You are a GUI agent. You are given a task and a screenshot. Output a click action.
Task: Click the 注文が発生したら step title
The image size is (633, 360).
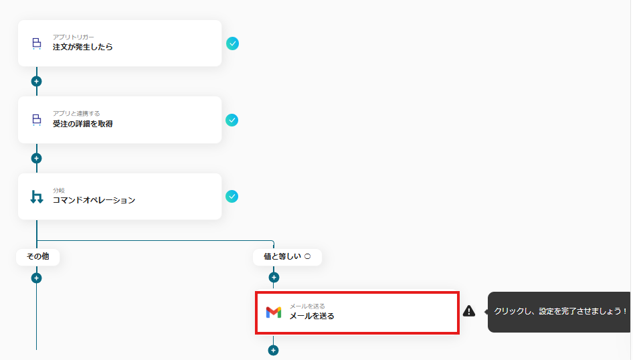click(82, 47)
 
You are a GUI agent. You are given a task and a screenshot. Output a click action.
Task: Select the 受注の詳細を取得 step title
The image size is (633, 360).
click(82, 124)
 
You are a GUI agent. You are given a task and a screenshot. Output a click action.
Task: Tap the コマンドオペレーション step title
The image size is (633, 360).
click(94, 200)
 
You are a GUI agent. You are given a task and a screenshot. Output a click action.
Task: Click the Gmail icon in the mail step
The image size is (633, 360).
click(273, 312)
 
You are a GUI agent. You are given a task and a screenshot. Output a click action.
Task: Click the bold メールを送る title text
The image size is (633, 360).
click(312, 316)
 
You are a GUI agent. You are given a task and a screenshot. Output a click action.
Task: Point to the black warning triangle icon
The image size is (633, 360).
click(468, 310)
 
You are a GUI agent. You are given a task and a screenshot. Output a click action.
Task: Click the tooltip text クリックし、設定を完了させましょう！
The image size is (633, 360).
click(560, 311)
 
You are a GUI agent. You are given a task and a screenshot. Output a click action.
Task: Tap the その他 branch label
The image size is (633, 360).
click(38, 257)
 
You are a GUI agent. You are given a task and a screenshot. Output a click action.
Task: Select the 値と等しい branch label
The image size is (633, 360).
click(282, 257)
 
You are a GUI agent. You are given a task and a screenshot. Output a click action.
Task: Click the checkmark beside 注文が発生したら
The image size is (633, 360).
click(232, 43)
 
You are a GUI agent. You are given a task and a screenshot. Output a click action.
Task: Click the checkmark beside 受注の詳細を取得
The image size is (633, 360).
click(232, 120)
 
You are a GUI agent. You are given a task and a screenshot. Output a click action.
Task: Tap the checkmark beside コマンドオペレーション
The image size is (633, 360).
click(232, 197)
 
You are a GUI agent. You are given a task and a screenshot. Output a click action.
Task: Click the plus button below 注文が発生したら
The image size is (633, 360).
click(36, 82)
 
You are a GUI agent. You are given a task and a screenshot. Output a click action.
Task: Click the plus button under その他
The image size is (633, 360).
click(36, 278)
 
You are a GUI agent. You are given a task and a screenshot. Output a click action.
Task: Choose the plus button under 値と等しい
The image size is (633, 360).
click(274, 278)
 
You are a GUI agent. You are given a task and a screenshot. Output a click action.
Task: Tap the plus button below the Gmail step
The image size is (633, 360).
click(273, 351)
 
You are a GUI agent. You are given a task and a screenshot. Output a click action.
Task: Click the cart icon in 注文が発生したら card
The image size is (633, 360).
click(36, 43)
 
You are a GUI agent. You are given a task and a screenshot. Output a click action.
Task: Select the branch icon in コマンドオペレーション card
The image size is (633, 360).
click(37, 197)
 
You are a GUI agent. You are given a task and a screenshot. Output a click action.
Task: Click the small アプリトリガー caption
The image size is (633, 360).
click(73, 37)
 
